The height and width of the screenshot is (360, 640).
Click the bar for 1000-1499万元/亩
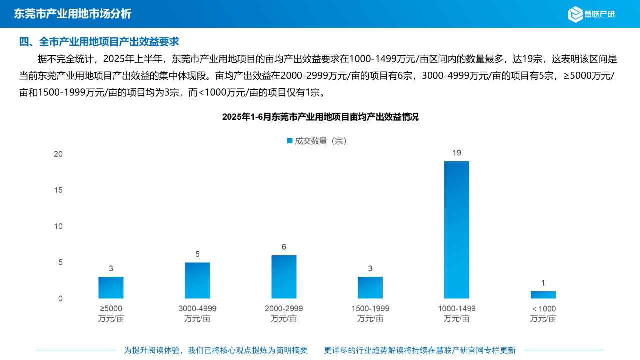pos(457,230)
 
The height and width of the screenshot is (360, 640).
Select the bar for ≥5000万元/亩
pos(111,288)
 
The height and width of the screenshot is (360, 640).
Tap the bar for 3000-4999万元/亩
pos(197,280)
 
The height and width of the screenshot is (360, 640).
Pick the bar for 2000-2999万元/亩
pos(284,277)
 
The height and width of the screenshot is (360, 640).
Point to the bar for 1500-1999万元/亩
pos(370,288)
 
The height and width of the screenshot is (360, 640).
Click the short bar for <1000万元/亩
pos(543,295)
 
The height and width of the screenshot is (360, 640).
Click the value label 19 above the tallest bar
pos(457,153)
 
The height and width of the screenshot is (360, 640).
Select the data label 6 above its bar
pos(284,247)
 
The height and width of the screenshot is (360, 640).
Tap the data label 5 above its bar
pos(197,254)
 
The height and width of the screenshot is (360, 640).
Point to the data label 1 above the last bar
pos(543,283)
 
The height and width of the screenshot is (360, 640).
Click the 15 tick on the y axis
pos(58,190)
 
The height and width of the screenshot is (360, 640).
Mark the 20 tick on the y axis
pos(58,154)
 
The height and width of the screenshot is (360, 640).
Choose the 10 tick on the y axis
pos(58,226)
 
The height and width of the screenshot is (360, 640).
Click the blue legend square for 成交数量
pos(290,141)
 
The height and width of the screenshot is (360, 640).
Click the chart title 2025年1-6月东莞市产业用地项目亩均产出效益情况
pos(320,117)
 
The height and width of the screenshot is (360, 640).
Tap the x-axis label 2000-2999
pos(284,309)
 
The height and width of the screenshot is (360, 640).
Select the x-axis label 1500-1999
pos(370,309)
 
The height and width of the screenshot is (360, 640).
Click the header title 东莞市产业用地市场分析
pos(73,14)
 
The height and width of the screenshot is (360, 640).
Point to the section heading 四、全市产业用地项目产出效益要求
pos(99,42)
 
